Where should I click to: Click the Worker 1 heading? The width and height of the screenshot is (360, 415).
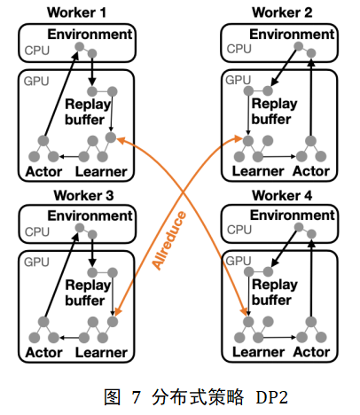point(76,12)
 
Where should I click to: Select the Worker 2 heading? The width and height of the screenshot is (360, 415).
point(282,12)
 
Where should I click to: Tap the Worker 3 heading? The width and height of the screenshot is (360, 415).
point(83,195)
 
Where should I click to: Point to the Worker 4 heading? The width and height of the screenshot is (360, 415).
point(282,195)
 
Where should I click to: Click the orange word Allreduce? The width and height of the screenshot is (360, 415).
point(169,240)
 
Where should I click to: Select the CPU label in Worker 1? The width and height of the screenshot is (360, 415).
point(37,51)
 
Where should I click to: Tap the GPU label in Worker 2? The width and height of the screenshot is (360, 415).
point(239,80)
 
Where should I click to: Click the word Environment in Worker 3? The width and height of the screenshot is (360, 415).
point(90,215)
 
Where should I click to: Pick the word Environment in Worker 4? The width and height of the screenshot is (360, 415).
point(293,215)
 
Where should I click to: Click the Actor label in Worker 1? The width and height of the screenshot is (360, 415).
point(43,172)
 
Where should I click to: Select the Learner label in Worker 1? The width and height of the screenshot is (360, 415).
point(101,172)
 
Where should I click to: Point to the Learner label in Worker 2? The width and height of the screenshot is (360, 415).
point(258,171)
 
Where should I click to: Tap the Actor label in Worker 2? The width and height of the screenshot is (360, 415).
point(311,171)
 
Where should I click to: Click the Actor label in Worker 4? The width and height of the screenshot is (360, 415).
point(311,352)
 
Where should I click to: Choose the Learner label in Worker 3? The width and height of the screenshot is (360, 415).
point(101,353)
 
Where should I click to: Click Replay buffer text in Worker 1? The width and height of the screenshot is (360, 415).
point(88,112)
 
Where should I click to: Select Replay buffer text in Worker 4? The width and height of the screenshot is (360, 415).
point(275,293)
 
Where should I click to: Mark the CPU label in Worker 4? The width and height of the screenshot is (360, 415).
point(239,230)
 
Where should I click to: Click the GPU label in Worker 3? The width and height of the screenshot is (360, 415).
point(36,262)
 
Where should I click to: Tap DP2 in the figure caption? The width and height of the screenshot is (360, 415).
point(271,397)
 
